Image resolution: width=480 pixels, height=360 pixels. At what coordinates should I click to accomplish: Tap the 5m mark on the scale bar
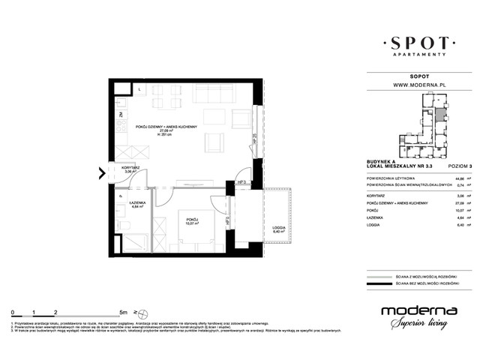click(x=121, y=310)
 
